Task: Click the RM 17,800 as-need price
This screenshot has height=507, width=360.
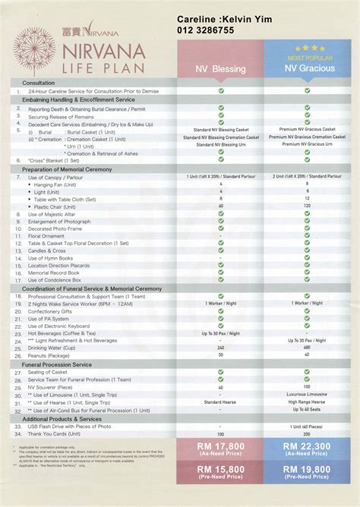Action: coord(220,448)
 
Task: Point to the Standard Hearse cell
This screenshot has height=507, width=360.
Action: coord(220,402)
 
